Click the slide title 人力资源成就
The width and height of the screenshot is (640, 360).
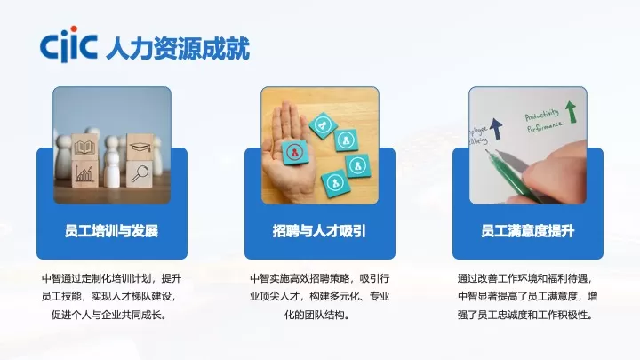coord(177,45)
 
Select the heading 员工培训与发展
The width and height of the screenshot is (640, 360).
coord(112,231)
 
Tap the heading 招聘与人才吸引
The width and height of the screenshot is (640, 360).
coord(320,231)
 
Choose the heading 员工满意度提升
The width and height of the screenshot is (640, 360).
coord(528,231)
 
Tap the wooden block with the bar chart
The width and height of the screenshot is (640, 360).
coord(87,173)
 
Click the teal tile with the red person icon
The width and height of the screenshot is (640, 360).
coord(293,151)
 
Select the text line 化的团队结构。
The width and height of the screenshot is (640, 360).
coord(320,315)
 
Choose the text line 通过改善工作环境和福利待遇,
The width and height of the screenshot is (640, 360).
coord(528,277)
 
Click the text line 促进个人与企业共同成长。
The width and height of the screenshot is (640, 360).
coord(112,315)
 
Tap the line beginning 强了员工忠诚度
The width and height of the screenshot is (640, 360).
coord(528,315)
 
